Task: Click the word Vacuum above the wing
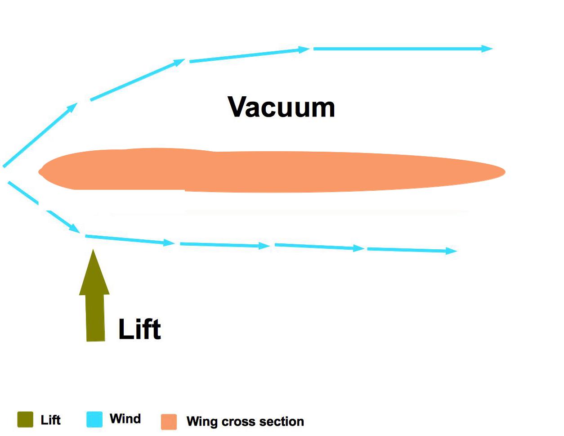tap(282, 107)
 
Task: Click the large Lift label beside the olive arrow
tap(139, 329)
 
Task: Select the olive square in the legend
tap(25, 419)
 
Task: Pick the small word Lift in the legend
tap(50, 420)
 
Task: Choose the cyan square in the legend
tap(94, 419)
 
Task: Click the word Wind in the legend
tap(125, 419)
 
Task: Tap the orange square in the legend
tap(169, 422)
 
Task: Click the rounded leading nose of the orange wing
tap(41, 171)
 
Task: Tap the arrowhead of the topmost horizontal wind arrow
tap(488, 49)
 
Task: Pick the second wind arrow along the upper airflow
tap(137, 79)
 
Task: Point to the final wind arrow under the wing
tap(412, 250)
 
